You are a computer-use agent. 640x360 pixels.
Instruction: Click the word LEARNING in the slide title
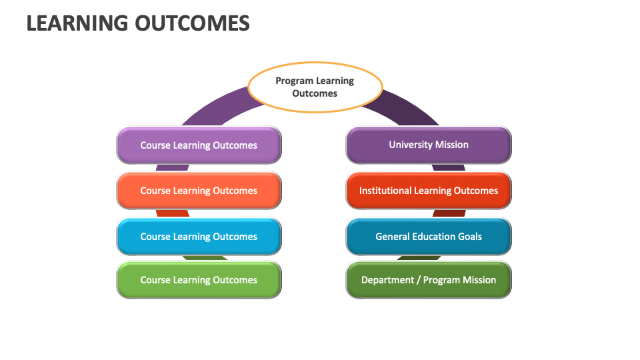[76, 23]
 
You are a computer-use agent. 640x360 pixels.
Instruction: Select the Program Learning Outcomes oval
[315, 87]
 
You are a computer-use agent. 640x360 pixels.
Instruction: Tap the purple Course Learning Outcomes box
[199, 145]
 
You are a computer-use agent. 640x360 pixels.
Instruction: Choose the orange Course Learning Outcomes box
[199, 191]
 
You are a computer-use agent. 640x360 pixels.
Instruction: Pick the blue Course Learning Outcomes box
[199, 237]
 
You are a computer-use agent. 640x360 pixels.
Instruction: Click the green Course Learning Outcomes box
[199, 280]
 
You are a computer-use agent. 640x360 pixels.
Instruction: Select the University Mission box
[429, 145]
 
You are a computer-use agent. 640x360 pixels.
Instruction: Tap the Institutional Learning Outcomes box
[429, 191]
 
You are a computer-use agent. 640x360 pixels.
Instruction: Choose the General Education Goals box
[429, 237]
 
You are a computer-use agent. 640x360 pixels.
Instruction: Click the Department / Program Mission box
[429, 280]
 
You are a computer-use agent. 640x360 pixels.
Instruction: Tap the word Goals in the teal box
[469, 237]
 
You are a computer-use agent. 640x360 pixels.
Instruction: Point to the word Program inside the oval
[294, 81]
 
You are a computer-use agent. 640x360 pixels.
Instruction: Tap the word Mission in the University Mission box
[452, 145]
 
